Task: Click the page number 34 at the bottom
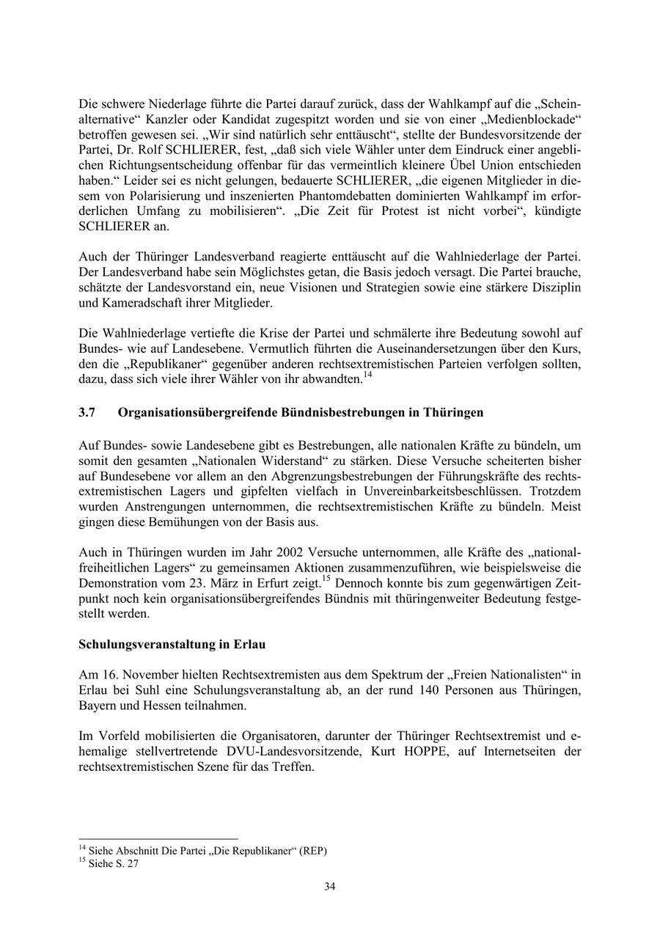[x=330, y=887]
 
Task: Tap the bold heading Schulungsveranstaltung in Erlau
[x=172, y=645]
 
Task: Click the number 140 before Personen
[x=433, y=690]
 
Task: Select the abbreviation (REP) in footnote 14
[x=312, y=851]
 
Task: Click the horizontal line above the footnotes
[x=158, y=838]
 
